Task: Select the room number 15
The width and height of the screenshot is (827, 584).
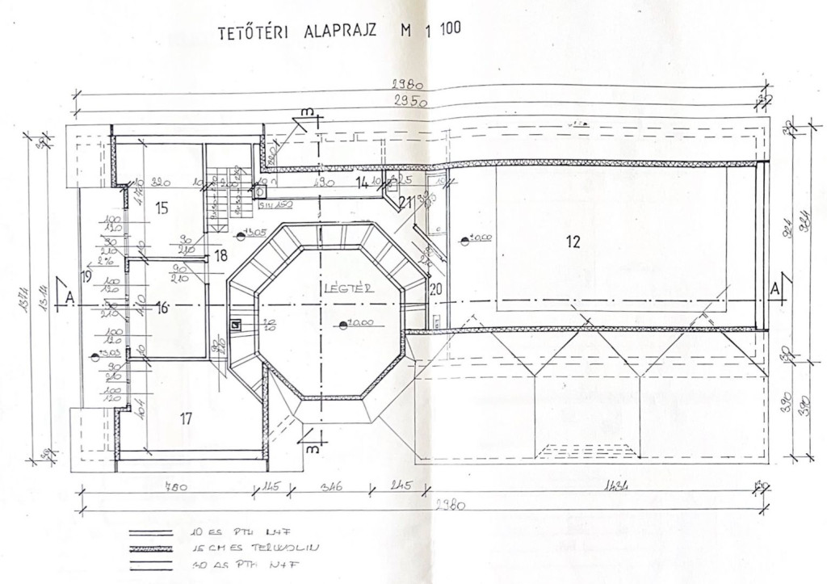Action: tap(162, 209)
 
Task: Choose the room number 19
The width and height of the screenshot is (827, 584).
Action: tap(86, 276)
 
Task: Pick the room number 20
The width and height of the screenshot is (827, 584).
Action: tap(436, 289)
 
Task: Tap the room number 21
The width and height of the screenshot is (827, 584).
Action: tap(405, 201)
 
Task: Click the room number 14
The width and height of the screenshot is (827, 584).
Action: tap(363, 183)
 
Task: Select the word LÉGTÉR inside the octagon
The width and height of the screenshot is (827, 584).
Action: tap(346, 288)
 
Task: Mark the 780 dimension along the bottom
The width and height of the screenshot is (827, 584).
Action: tap(172, 487)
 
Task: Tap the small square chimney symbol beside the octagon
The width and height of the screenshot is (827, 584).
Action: tap(236, 325)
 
